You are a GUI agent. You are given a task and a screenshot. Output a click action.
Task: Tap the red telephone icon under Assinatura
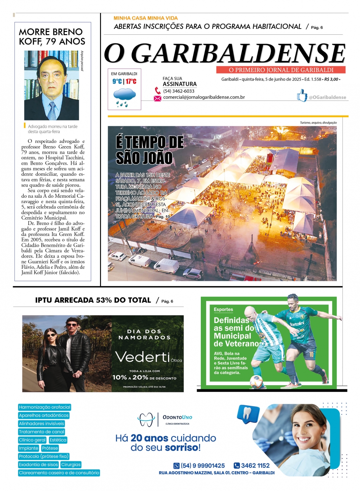pyautogui.click(x=158, y=91)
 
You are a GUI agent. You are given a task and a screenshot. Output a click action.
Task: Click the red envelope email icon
pyautogui.click(x=157, y=98)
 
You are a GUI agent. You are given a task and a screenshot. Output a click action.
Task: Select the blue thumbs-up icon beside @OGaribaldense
pyautogui.click(x=302, y=96)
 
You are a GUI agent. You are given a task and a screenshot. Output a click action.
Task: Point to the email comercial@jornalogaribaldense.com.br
pyautogui.click(x=204, y=97)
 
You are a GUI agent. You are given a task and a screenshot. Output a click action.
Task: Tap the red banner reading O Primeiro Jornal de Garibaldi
pyautogui.click(x=281, y=70)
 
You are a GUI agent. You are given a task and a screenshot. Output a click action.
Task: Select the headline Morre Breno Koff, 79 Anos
pyautogui.click(x=52, y=37)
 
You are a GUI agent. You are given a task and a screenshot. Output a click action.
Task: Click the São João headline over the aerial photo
pyautogui.click(x=149, y=150)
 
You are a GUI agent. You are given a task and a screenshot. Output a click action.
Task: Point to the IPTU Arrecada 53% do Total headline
pyautogui.click(x=93, y=300)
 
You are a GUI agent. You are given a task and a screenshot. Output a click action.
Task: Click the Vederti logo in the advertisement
pyautogui.click(x=143, y=357)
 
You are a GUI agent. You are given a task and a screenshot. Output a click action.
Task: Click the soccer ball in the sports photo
pyautogui.click(x=257, y=381)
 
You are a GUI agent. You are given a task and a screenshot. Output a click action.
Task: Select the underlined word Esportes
pyautogui.click(x=223, y=310)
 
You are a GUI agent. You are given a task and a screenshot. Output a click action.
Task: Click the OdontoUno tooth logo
pyautogui.click(x=146, y=420)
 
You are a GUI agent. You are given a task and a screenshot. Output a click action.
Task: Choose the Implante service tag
pyautogui.click(x=29, y=448)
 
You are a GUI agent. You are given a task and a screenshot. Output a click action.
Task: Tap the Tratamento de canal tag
pyautogui.click(x=42, y=432)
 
